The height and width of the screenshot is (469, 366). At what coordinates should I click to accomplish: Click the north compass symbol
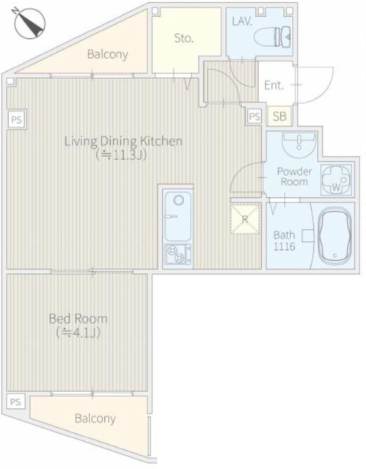coord(29,23)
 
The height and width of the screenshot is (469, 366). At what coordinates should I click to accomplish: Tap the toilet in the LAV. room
coord(272,37)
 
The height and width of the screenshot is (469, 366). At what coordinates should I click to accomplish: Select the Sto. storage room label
coord(184,38)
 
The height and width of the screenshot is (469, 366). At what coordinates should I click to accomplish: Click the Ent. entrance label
coord(274,86)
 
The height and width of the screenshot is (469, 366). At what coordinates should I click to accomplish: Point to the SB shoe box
coord(279,116)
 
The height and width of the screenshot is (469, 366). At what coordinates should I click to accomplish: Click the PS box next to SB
coord(255,117)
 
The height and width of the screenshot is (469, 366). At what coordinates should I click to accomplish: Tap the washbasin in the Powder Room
coord(299,144)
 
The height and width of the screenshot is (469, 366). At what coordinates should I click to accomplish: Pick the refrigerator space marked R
coord(245,219)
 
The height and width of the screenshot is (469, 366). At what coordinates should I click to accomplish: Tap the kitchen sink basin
coord(178,216)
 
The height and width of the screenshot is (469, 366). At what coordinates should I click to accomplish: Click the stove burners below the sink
coord(177,254)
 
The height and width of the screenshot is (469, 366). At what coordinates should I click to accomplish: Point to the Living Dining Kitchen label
coord(123,141)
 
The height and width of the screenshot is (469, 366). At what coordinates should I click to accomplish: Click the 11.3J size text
coord(121,155)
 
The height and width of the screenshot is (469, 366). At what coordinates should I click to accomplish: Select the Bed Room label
coord(78,319)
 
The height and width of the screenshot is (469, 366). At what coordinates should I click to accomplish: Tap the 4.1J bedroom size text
coord(78,333)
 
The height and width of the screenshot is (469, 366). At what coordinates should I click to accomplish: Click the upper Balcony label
coord(107,54)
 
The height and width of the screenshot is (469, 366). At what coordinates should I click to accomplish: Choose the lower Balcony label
coord(95,418)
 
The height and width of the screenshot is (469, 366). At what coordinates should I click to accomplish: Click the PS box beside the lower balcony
coord(15,402)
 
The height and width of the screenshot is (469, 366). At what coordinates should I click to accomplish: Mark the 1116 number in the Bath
coord(285,246)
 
